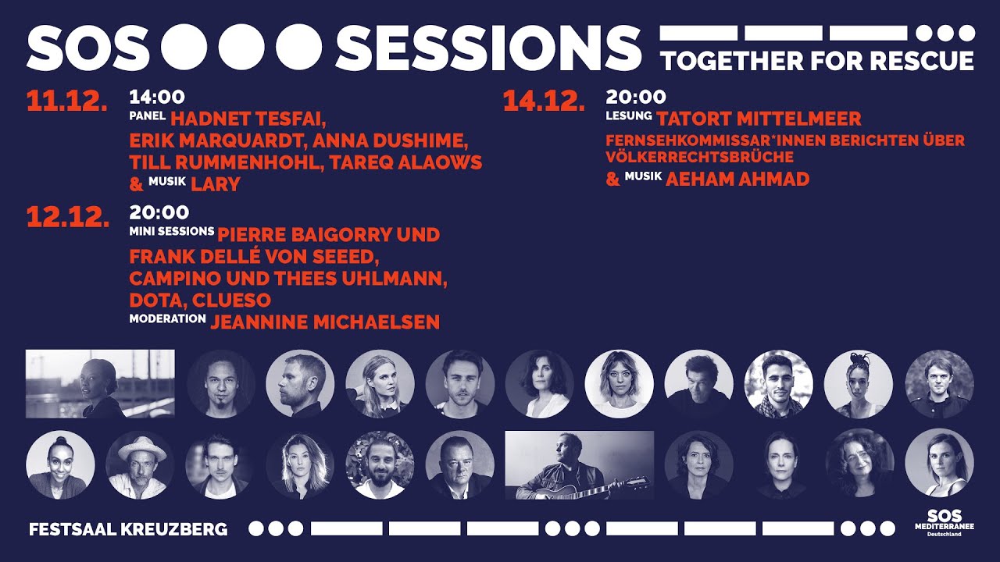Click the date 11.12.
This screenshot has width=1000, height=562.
coord(66,101)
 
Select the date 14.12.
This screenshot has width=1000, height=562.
coord(544,101)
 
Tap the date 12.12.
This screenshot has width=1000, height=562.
coord(68,217)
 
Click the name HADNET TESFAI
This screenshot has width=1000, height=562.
coord(248,119)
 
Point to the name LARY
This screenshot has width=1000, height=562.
coord(215,184)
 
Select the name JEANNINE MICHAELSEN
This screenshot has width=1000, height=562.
coord(325,322)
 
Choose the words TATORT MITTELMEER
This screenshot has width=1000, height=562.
coord(759,119)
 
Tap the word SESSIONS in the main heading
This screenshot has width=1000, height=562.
coord(489,47)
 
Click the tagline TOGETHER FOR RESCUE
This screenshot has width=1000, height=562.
coord(817,61)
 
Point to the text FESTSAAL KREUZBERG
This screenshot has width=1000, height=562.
coord(128,529)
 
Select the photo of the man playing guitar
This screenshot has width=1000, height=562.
coord(579,464)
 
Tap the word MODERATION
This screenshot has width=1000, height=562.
coord(167,318)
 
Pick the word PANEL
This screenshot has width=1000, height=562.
coord(147,116)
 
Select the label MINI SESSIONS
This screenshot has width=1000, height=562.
coord(171,232)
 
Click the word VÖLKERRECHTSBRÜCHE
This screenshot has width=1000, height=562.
coord(699,157)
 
